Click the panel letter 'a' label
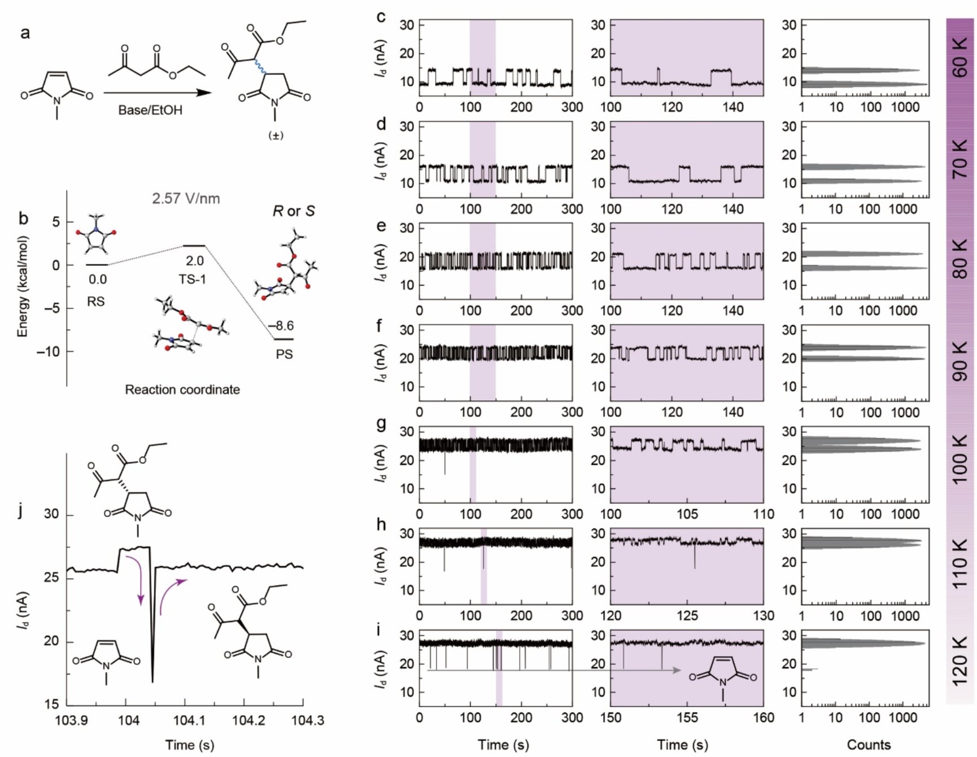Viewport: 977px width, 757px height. (x=24, y=34)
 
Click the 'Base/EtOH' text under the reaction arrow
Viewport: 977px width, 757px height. (x=150, y=110)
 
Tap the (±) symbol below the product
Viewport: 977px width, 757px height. (x=276, y=135)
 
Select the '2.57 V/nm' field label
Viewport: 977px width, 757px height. (x=186, y=199)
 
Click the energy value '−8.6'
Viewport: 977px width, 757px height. (x=281, y=326)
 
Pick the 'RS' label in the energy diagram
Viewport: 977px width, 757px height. (x=95, y=301)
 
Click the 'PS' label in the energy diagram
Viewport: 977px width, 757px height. (x=284, y=355)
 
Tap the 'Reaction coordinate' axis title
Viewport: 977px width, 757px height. (x=182, y=390)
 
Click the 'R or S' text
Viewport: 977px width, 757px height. (x=294, y=211)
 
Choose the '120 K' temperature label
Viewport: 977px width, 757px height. (x=961, y=660)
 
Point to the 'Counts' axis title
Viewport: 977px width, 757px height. (x=868, y=745)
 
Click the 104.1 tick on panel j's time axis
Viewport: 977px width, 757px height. (x=184, y=721)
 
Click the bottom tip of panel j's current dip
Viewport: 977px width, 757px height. (x=152, y=682)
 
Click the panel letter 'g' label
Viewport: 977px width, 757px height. (x=381, y=423)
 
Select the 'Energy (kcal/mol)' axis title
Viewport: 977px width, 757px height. (x=23, y=286)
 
